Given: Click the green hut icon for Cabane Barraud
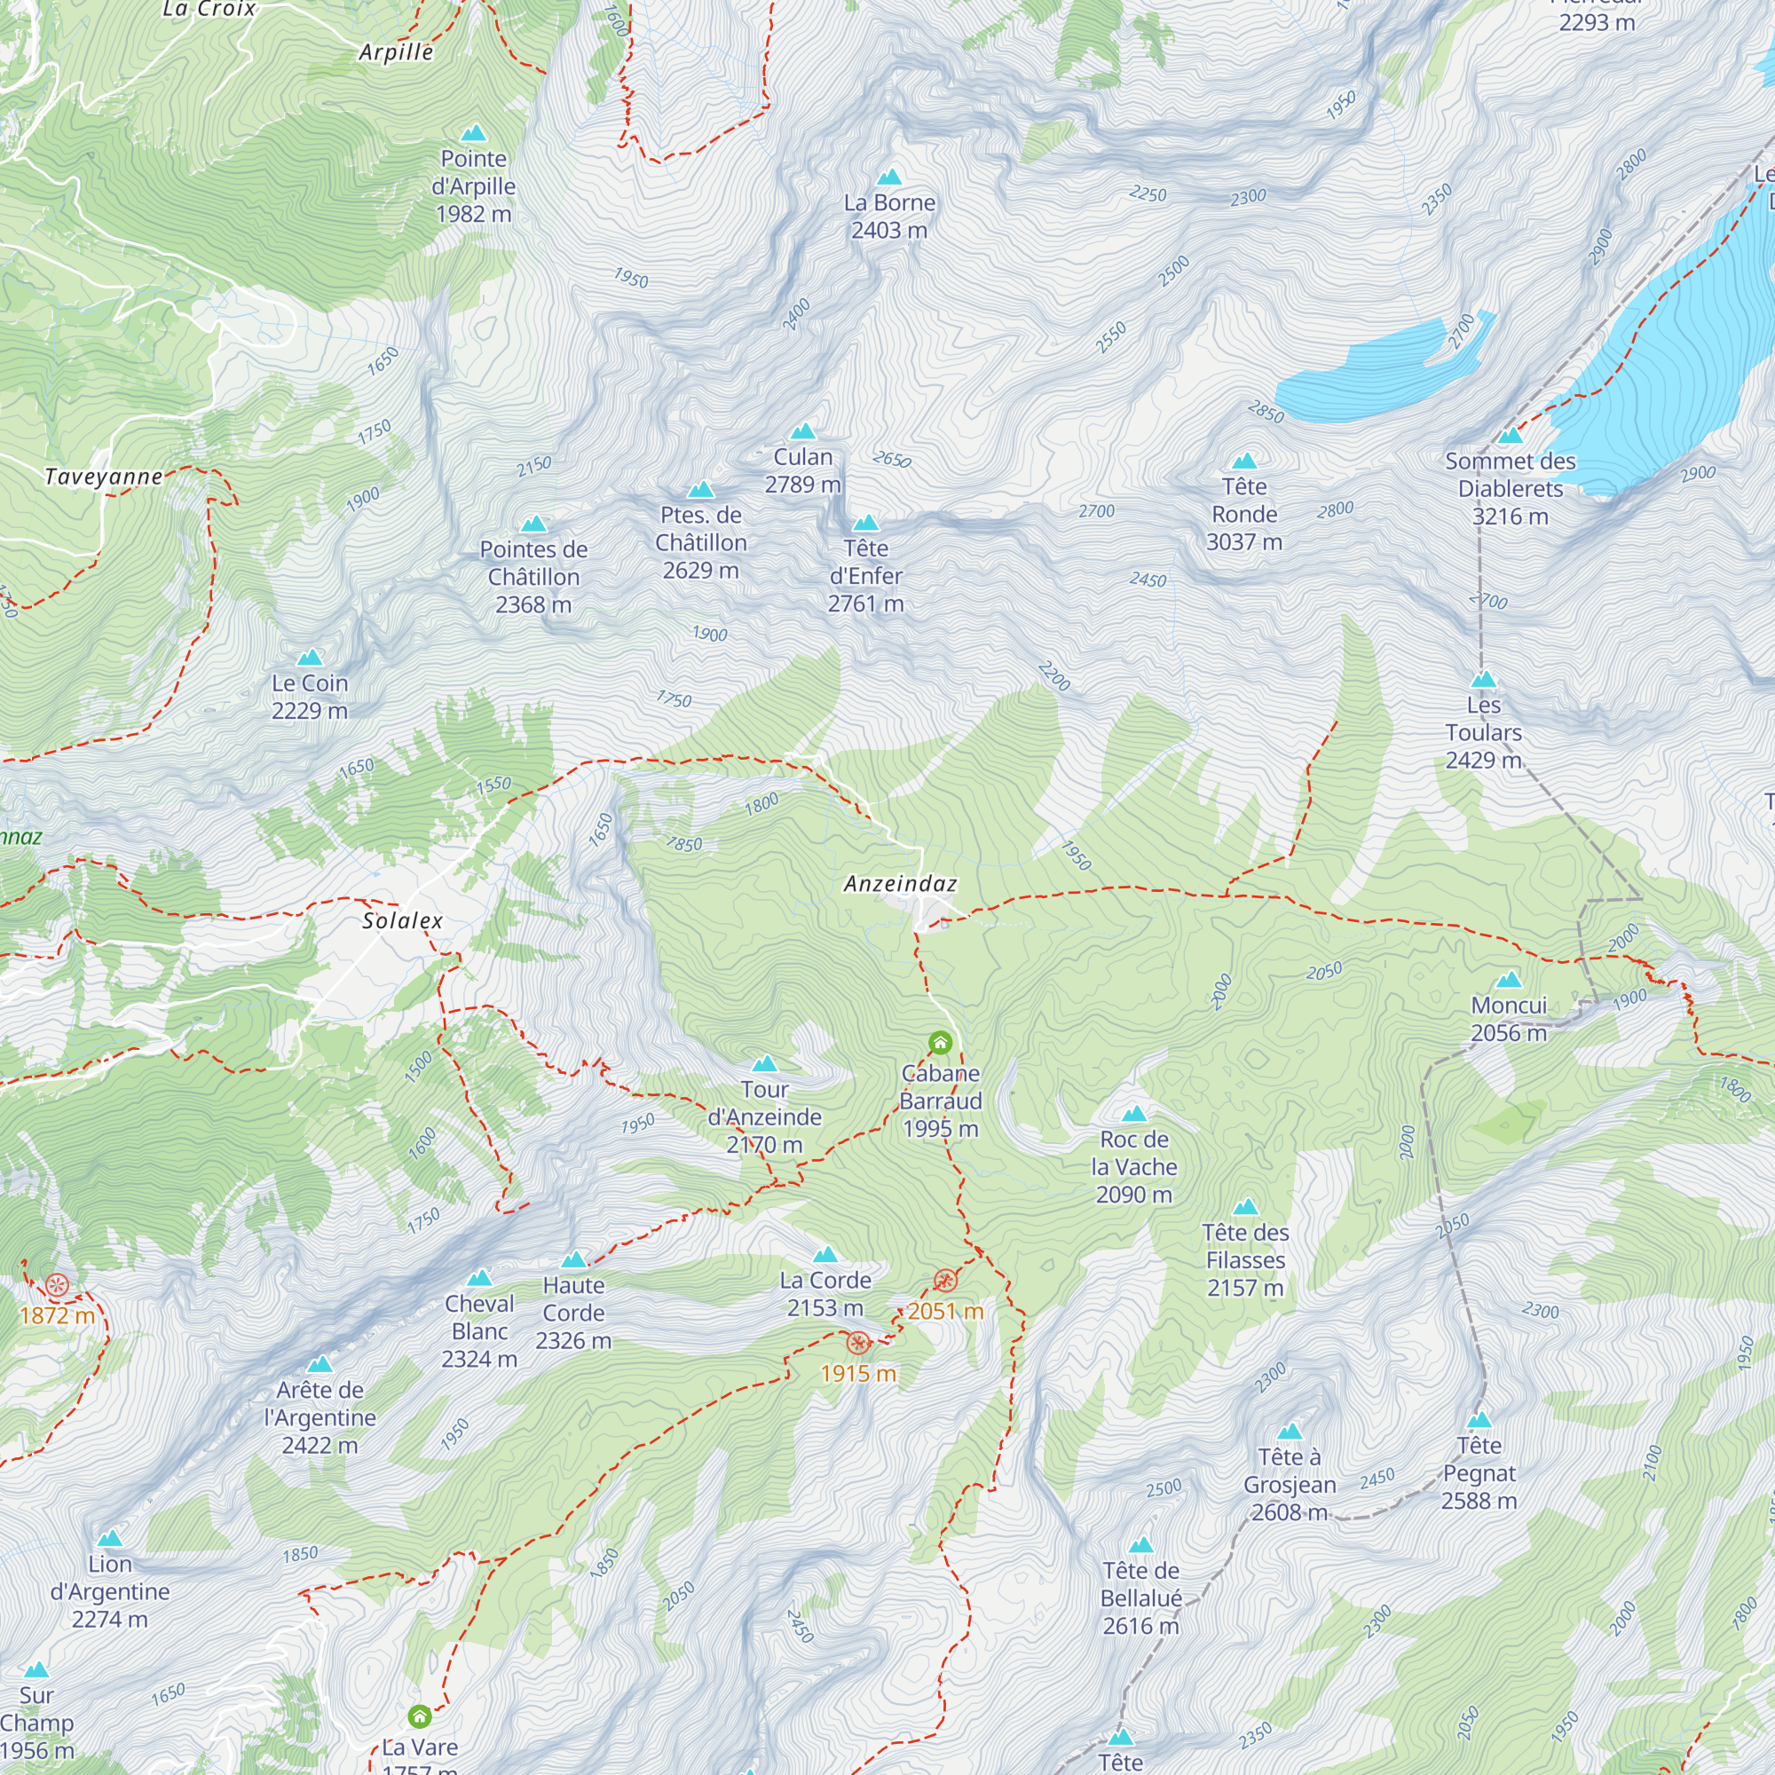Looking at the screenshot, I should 940,1042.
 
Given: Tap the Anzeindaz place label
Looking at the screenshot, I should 900,884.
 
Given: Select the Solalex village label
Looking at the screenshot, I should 402,920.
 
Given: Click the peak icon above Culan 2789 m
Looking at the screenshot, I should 803,432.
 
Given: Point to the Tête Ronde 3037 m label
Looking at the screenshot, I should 1244,514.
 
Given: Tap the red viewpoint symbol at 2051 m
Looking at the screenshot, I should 945,1281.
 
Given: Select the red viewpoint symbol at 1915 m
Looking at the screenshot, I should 858,1343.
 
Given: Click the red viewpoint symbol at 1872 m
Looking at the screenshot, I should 57,1285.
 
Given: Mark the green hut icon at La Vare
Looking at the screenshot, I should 420,1716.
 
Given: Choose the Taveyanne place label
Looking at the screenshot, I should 104,477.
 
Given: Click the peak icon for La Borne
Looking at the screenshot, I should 888,177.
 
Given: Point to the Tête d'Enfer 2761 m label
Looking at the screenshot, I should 865,576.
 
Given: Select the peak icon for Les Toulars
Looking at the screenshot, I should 1484,680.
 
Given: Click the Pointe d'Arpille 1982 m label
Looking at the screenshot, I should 474,186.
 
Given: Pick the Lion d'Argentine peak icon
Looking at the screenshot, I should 110,1539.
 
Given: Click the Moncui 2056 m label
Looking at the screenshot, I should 1509,1019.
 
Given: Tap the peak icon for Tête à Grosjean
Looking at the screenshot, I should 1290,1432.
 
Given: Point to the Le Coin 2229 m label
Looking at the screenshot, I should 310,697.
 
